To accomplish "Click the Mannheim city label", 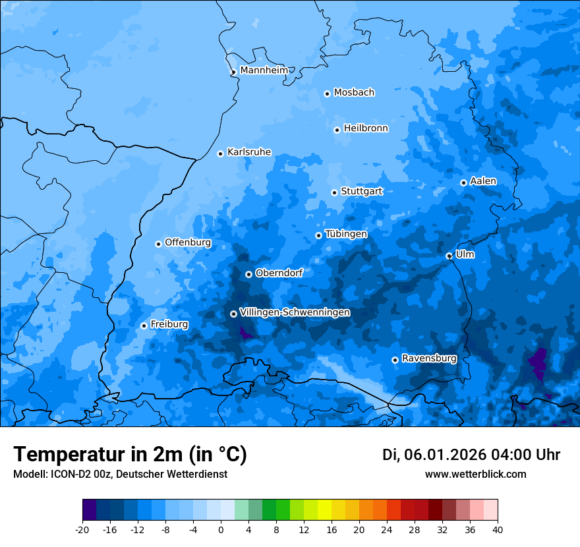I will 264,70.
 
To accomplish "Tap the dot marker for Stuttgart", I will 334,192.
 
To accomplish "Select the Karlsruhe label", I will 248,152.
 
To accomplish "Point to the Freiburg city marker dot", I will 144,326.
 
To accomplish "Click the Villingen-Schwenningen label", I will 295,312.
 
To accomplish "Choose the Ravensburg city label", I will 428,359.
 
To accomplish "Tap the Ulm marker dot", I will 449,256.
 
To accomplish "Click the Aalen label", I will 483,181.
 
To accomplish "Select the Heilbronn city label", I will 366,129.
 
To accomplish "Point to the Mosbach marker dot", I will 327,94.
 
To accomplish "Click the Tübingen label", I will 346,234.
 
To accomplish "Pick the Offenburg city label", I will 188,243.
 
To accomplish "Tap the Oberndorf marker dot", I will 248,274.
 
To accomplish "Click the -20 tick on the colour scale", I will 82,529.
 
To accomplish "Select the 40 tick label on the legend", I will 498,529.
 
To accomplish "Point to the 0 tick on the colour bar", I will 221,529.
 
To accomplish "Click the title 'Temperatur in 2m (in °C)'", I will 130,454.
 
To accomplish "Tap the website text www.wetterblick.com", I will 475,474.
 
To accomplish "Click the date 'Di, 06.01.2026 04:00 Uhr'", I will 471,455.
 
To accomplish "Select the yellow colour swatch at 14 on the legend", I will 324,510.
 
